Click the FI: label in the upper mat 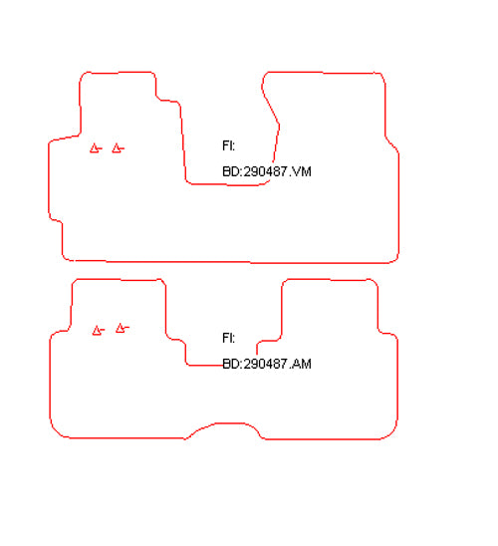click(228, 145)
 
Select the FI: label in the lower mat click(228, 338)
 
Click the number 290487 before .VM click(265, 171)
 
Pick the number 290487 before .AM click(265, 364)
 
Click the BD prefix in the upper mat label click(231, 171)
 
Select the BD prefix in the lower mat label click(231, 364)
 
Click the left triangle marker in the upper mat click(96, 148)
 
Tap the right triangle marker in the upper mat click(118, 148)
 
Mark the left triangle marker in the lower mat click(99, 330)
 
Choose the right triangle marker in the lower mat click(122, 328)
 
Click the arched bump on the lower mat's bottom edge click(223, 423)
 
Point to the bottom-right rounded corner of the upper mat click(395, 259)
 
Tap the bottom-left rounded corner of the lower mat click(55, 430)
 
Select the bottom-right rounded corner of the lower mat click(392, 431)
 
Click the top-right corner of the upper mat click(381, 76)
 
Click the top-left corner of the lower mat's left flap click(74, 281)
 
